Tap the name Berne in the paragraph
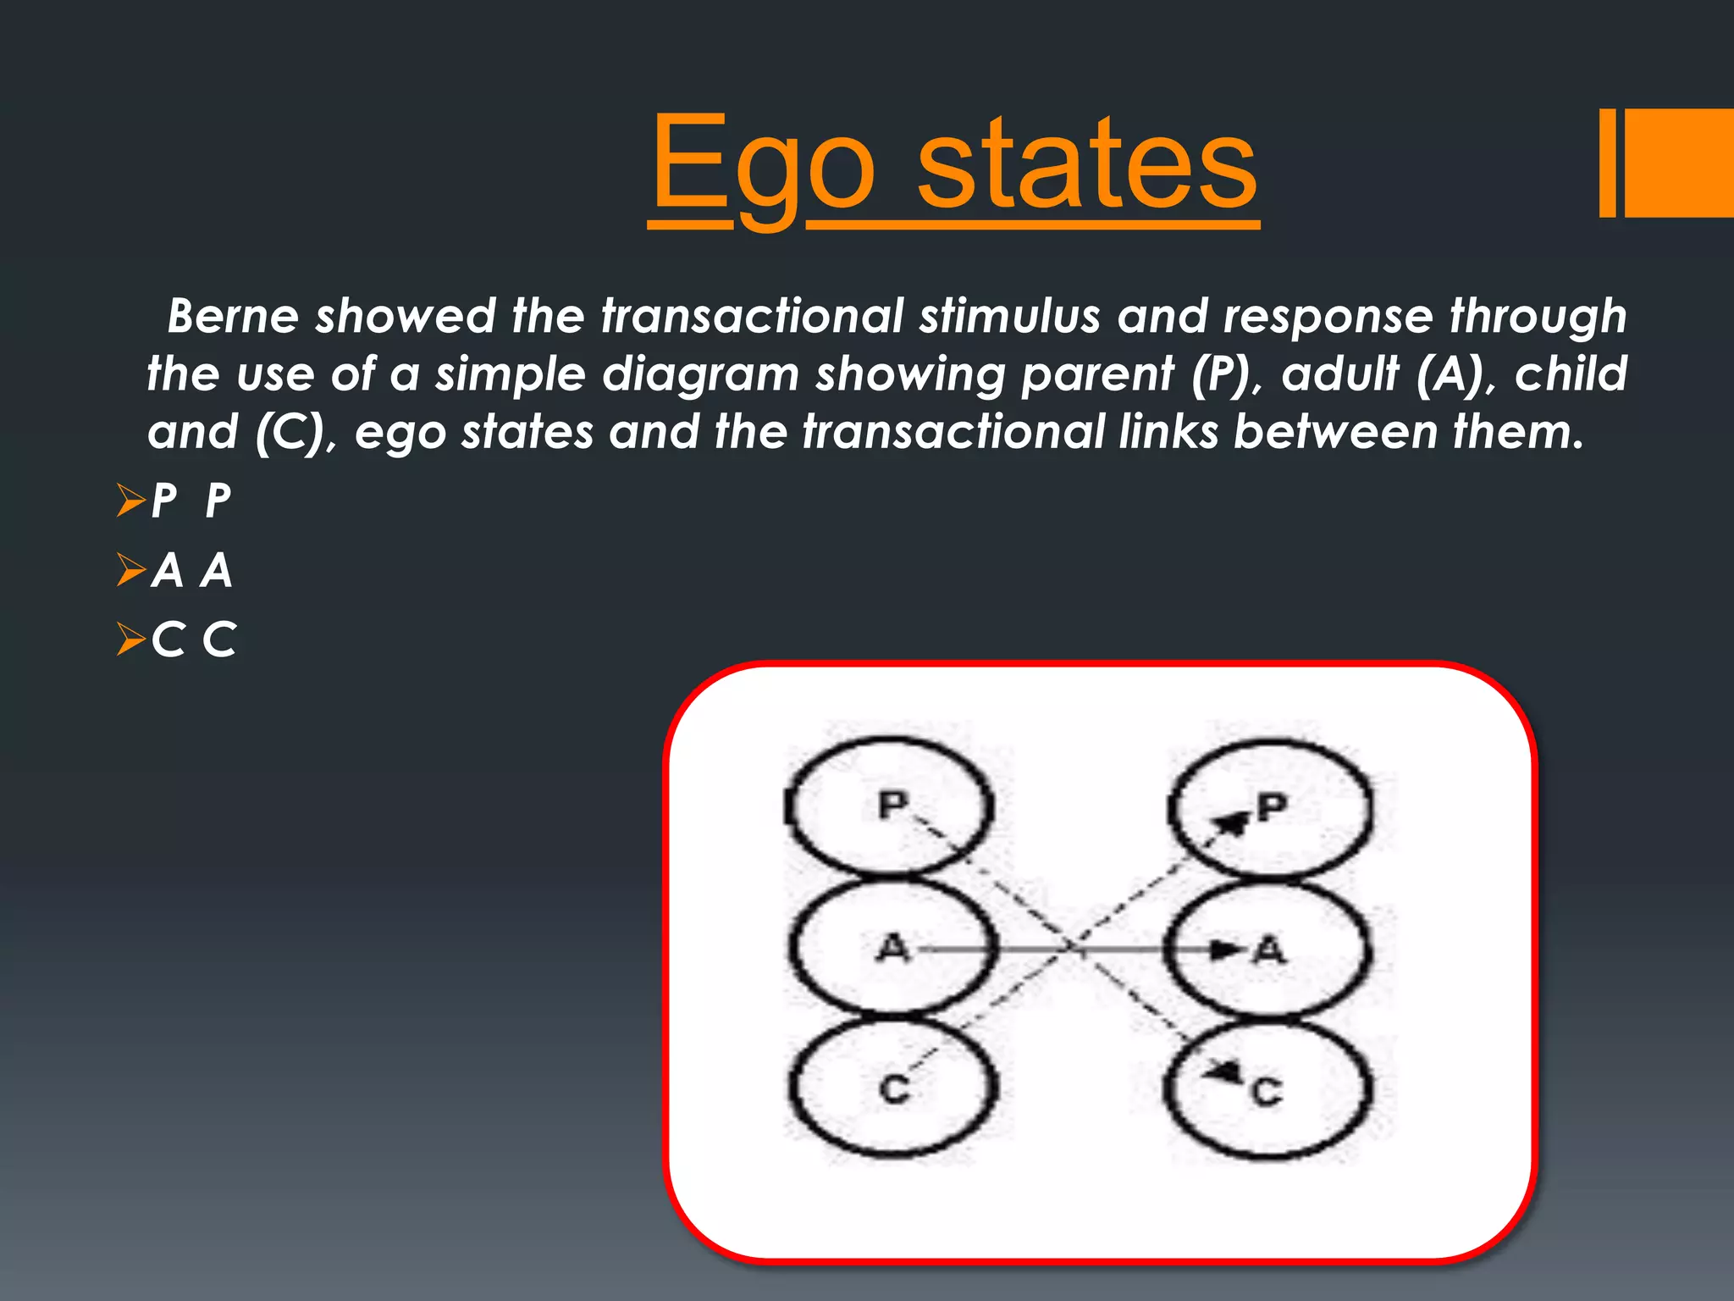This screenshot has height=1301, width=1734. coord(233,316)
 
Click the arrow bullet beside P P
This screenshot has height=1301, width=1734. coord(131,501)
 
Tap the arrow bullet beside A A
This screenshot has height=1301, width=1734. coord(131,570)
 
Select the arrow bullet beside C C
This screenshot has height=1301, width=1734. coord(131,639)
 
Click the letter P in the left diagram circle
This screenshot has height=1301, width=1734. coord(892,805)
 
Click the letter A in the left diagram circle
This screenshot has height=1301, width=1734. coord(892,949)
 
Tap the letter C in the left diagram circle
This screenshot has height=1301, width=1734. coord(894,1089)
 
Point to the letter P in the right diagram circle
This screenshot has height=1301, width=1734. coord(1272,807)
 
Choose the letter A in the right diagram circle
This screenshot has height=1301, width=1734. coord(1270,951)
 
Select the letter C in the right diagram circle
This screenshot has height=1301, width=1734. coord(1267,1092)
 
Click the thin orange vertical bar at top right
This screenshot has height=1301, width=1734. coord(1607,163)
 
